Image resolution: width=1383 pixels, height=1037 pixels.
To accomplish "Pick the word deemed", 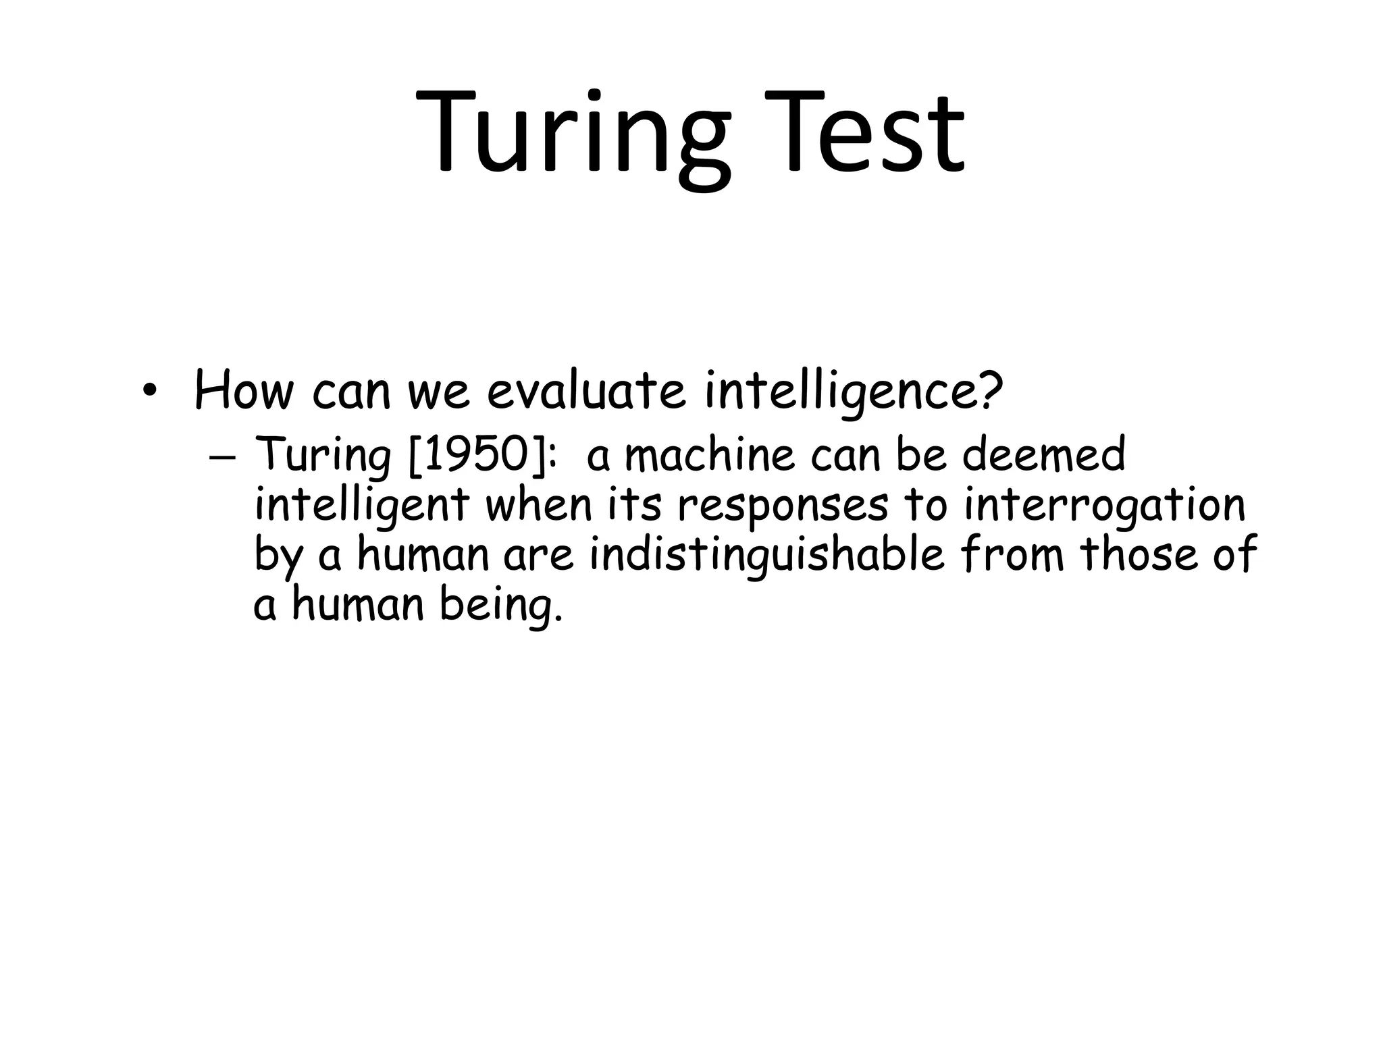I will (1044, 454).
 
